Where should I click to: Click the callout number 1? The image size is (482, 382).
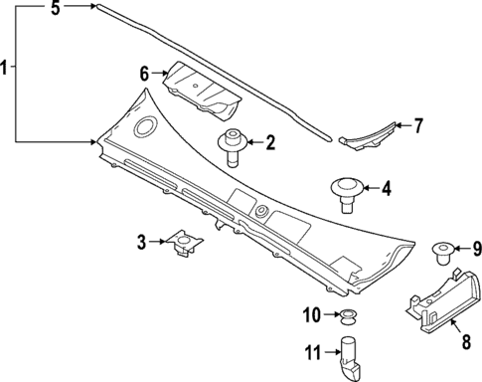6,68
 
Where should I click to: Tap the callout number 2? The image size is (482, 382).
268,142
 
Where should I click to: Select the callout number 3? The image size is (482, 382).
142,240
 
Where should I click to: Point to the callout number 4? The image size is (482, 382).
386,186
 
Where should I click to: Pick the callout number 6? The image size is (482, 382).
144,73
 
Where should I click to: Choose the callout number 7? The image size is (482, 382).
418,126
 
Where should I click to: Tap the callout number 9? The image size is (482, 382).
475,248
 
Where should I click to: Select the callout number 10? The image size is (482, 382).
311,315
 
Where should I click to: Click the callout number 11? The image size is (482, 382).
310,353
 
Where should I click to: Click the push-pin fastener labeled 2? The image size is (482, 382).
234,145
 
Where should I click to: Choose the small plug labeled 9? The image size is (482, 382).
444,253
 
